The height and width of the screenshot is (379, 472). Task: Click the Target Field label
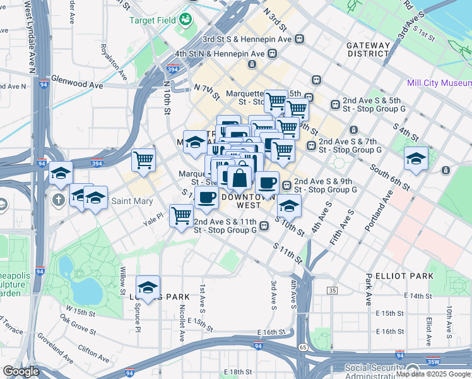click(x=152, y=20)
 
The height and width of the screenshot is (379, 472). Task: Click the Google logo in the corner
click(x=21, y=371)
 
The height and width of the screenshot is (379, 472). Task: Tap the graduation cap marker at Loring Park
click(x=148, y=287)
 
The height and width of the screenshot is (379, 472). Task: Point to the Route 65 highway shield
click(x=303, y=347)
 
